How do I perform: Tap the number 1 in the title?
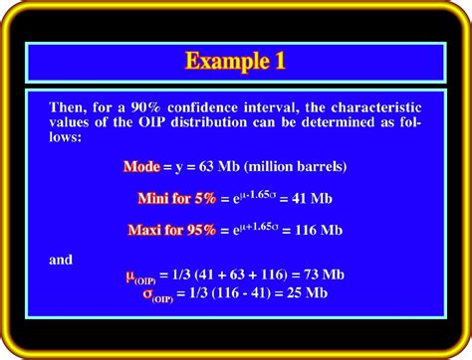(x=280, y=61)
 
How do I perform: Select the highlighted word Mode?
(x=140, y=165)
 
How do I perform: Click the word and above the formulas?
(x=62, y=261)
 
